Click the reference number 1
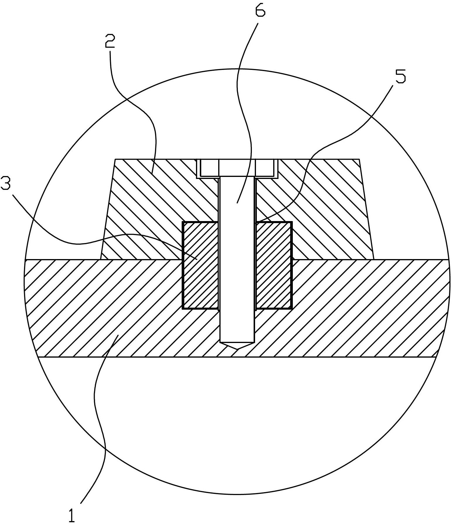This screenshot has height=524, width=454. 72,512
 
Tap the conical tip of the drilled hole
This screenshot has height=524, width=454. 237,346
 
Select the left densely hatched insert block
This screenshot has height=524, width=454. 200,265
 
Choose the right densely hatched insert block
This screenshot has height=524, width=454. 274,265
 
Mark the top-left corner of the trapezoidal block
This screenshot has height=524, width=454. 115,159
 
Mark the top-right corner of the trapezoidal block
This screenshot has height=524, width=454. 360,159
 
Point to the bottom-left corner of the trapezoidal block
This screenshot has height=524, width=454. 100,259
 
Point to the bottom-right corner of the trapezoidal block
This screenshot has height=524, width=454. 374,259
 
